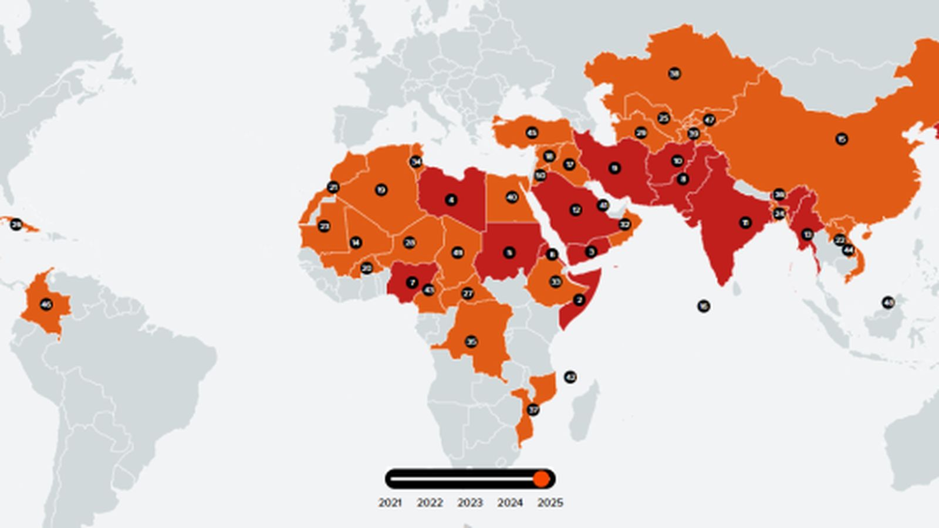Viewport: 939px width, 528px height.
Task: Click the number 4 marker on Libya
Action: click(x=451, y=200)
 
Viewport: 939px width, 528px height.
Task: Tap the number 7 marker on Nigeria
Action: click(x=412, y=283)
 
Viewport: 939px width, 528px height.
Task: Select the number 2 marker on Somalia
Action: click(x=579, y=300)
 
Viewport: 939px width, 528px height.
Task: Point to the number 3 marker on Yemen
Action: click(x=591, y=252)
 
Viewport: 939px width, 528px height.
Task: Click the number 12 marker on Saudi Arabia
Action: click(x=576, y=209)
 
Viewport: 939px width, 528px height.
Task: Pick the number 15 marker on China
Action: click(x=842, y=139)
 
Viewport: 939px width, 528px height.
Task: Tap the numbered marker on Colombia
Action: click(x=46, y=304)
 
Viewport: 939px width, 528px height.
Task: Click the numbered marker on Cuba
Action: click(x=16, y=224)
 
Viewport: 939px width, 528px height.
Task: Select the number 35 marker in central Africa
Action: click(x=471, y=341)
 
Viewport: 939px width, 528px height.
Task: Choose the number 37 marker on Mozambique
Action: click(x=533, y=409)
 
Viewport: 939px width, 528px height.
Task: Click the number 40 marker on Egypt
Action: click(x=512, y=197)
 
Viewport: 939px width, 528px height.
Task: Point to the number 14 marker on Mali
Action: click(x=356, y=242)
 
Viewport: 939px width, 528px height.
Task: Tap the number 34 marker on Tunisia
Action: click(x=416, y=161)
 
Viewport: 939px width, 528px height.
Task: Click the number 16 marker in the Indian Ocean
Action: click(x=703, y=306)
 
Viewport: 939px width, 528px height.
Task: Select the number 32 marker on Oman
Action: click(x=624, y=224)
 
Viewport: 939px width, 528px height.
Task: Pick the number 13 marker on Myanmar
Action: click(x=808, y=234)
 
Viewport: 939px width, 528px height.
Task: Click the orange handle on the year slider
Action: click(x=541, y=479)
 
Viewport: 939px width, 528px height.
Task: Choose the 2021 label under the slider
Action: click(x=390, y=503)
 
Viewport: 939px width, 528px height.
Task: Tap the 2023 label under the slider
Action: click(x=469, y=503)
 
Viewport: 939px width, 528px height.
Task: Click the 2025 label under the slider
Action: click(x=550, y=503)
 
